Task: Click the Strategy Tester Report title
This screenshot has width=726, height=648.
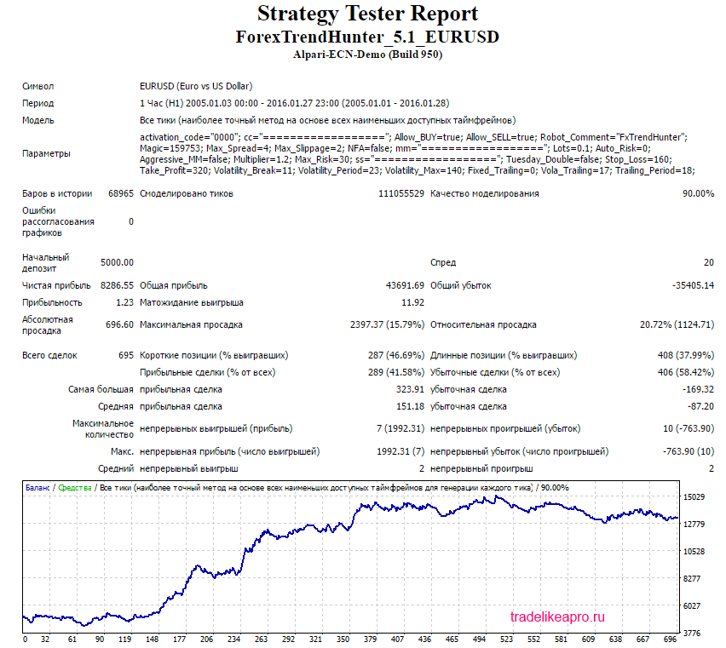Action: [x=367, y=14]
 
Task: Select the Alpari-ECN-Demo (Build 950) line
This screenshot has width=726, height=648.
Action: [x=367, y=54]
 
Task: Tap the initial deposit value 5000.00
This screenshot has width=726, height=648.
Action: [x=117, y=262]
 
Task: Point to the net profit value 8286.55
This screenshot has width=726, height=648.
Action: [x=117, y=285]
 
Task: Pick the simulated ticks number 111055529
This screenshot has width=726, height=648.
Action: [x=400, y=193]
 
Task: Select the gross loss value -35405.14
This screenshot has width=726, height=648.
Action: [x=690, y=285]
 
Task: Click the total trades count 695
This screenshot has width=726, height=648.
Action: [x=125, y=355]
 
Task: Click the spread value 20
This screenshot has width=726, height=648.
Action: [x=708, y=262]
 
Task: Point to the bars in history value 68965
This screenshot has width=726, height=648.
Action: [x=120, y=193]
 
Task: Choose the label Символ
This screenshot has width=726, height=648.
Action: [x=38, y=86]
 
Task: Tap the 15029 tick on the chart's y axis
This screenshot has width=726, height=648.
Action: [x=695, y=496]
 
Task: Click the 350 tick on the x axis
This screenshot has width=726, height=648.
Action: [x=343, y=639]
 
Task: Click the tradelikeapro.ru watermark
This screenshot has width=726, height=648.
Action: [x=556, y=616]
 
